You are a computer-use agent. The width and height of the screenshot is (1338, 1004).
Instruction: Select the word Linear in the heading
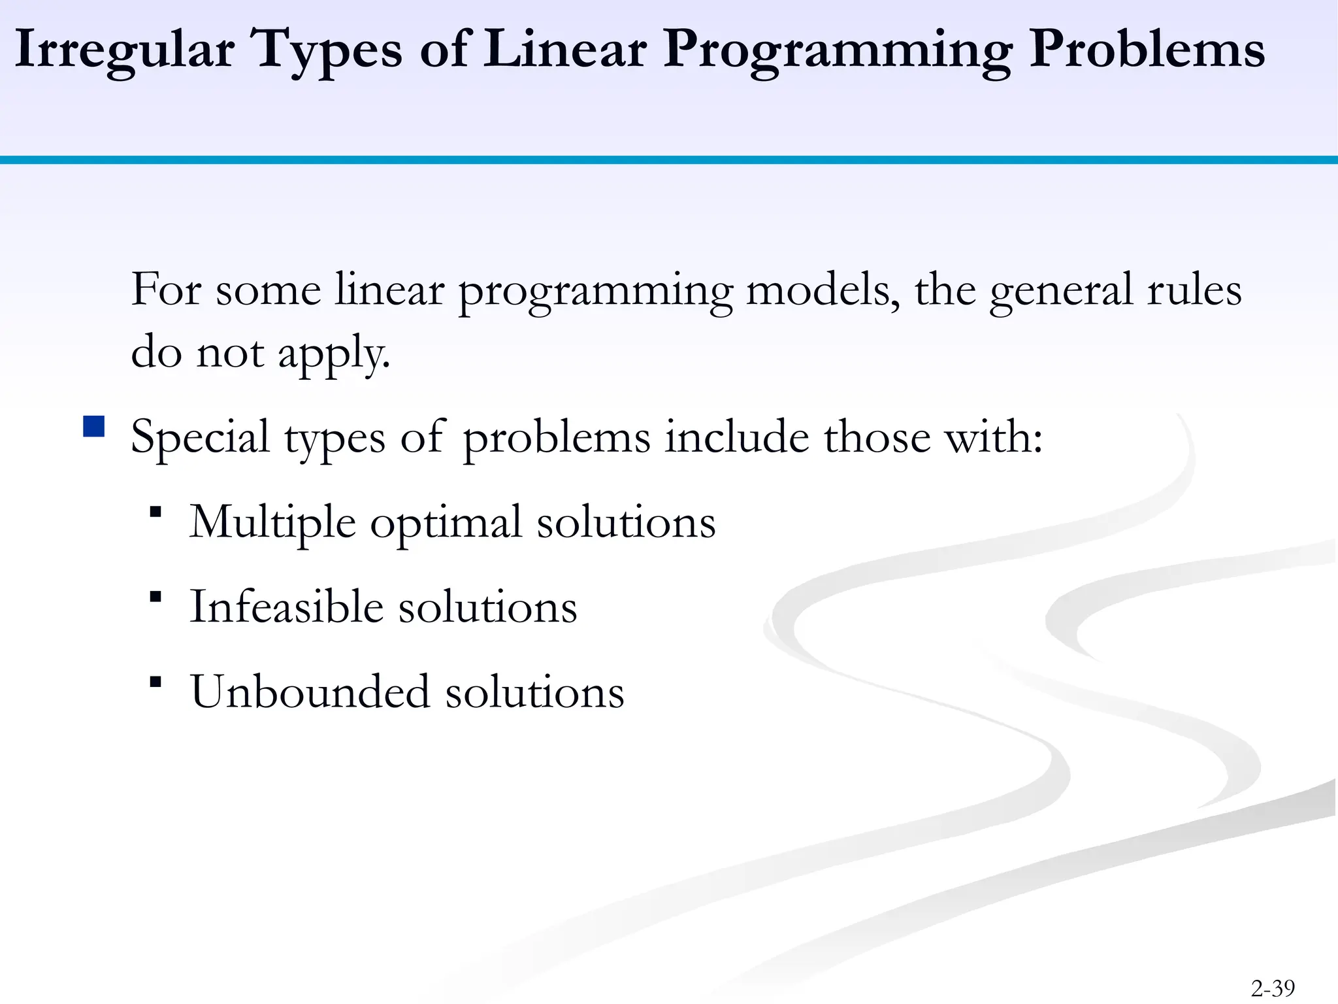pyautogui.click(x=565, y=49)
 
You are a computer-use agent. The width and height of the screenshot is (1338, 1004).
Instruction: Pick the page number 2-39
pyautogui.click(x=1273, y=988)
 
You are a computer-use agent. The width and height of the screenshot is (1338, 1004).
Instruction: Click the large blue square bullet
pyautogui.click(x=94, y=427)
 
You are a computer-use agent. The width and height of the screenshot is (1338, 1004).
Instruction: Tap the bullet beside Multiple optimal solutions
pyautogui.click(x=155, y=512)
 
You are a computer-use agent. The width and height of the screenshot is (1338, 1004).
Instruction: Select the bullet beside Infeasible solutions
pyautogui.click(x=155, y=597)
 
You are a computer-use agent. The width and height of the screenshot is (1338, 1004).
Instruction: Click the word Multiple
pyautogui.click(x=272, y=523)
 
